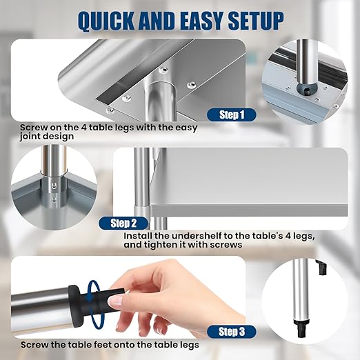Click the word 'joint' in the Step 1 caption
(x=33, y=137)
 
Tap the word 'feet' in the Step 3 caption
(x=126, y=344)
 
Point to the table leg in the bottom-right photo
(x=302, y=290)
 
